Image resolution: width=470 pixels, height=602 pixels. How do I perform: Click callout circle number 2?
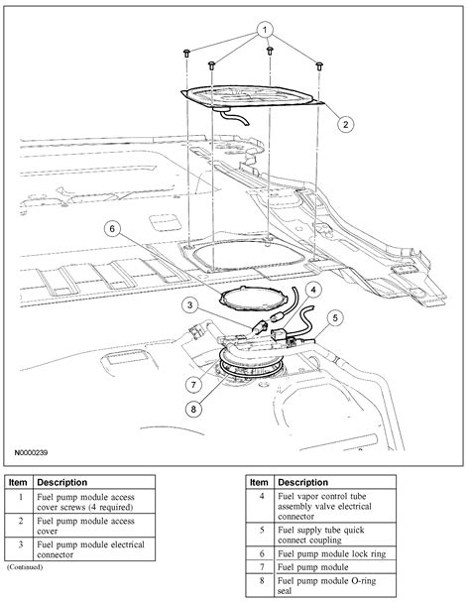pyautogui.click(x=345, y=124)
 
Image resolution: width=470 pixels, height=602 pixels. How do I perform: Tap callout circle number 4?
pyautogui.click(x=312, y=291)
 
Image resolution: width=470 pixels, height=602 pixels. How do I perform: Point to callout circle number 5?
pyautogui.click(x=336, y=318)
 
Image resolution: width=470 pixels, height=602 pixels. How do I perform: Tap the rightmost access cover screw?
pyautogui.click(x=319, y=65)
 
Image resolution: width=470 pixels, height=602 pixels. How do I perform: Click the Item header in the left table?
pyautogui.click(x=19, y=482)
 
